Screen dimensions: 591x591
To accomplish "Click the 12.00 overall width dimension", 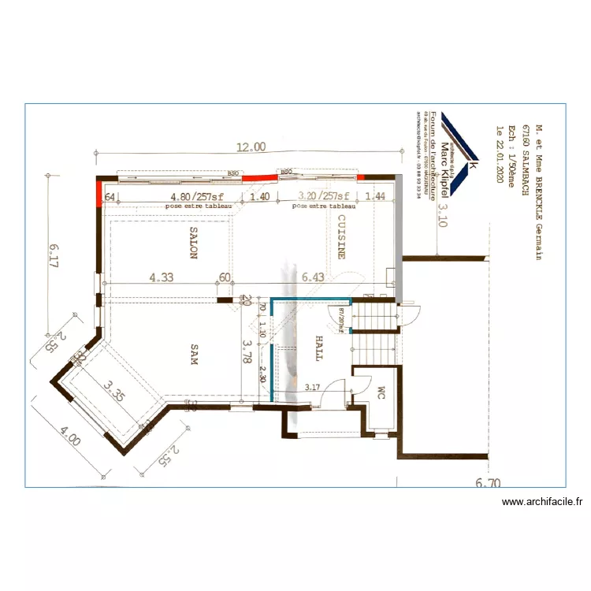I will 251,147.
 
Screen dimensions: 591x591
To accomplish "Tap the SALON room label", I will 193,243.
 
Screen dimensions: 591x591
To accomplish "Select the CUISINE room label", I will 342,236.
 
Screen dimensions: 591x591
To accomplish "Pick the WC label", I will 380,392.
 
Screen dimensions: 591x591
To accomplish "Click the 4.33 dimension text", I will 162,277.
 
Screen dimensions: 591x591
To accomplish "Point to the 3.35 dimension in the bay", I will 117,392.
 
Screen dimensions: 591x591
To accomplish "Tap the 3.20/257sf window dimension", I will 323,197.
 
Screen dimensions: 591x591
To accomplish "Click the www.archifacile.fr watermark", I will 541,502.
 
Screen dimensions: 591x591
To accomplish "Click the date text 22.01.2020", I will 498,154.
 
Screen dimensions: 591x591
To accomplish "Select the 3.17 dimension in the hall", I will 312,387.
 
